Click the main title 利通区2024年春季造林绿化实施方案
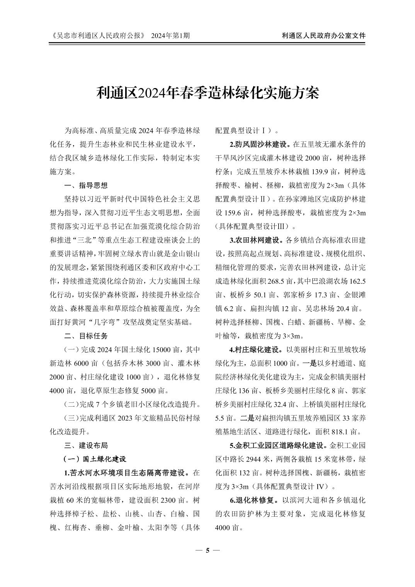(207, 93)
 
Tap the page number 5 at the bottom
(207, 550)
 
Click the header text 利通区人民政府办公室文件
(324, 36)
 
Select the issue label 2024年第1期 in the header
(170, 36)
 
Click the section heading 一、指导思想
(86, 185)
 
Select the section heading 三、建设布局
(86, 446)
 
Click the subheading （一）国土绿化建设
(95, 459)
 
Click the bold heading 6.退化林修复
(254, 500)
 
